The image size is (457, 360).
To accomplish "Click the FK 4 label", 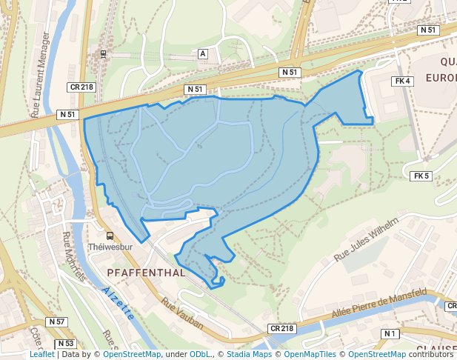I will (403, 81).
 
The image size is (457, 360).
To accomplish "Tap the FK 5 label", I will (421, 176).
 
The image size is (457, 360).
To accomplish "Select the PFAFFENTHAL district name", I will (146, 273).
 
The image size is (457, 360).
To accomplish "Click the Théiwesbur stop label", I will (110, 247).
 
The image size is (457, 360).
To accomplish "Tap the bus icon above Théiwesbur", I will (110, 236).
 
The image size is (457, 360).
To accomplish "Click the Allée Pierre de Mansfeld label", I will (378, 304).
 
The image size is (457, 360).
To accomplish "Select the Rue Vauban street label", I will (182, 309).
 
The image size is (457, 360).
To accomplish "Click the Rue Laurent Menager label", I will (41, 74).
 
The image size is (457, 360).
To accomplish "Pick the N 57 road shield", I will (56, 321).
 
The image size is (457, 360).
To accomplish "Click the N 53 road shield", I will (65, 344).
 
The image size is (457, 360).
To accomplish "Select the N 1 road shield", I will (390, 334).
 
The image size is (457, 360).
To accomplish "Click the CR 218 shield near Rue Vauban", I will (281, 328).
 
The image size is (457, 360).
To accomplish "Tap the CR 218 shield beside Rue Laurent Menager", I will (81, 87).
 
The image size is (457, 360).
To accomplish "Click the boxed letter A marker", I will (202, 54).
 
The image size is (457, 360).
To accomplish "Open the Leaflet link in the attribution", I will (42, 354).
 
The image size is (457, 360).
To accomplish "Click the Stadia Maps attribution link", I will (249, 354).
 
